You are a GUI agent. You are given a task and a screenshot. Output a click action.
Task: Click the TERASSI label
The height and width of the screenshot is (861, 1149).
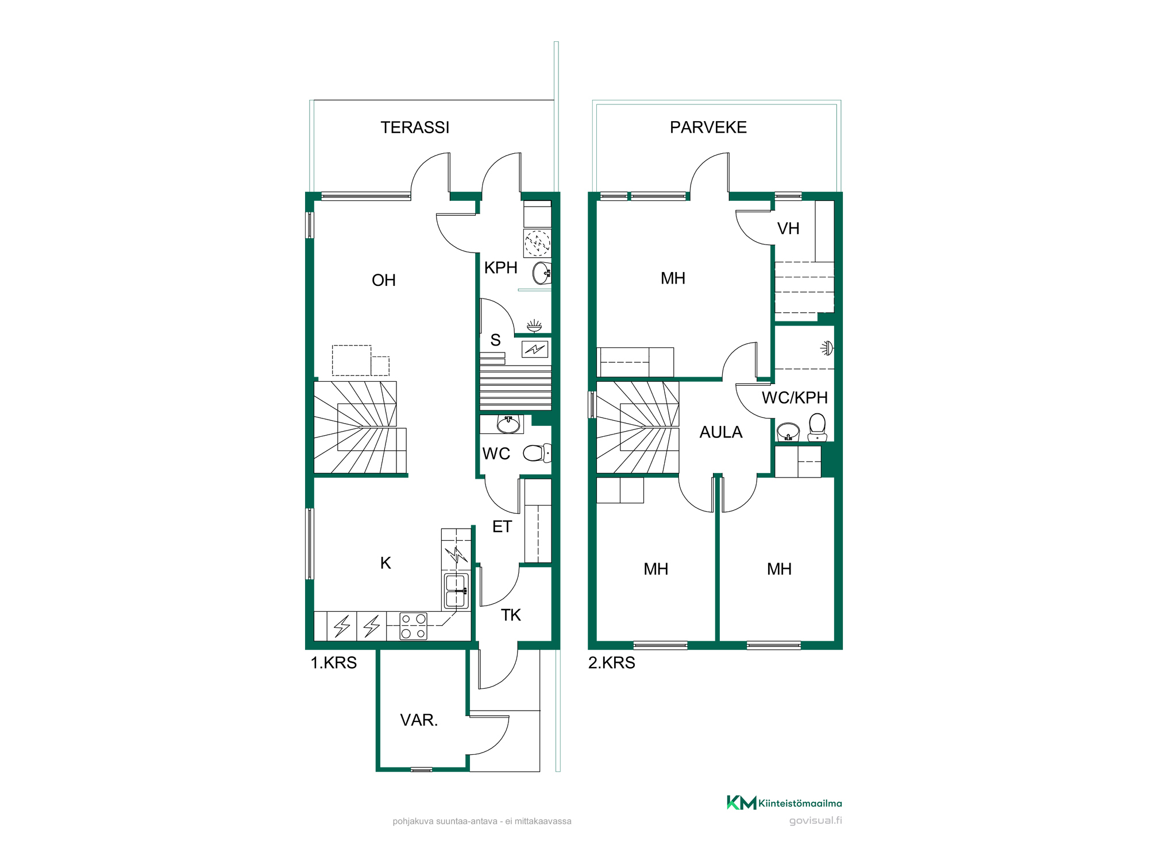[x=415, y=127]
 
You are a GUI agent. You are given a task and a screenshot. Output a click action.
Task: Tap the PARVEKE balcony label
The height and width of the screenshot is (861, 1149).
[x=708, y=127]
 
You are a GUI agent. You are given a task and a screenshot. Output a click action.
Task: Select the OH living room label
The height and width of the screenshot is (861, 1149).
[x=384, y=280]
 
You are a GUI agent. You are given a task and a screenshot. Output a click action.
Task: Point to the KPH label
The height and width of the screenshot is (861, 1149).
[x=500, y=267]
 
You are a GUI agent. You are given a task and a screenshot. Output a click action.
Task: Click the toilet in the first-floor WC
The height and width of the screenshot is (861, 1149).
[x=537, y=453]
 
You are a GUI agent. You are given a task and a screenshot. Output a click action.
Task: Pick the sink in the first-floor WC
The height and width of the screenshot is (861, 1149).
[x=508, y=425]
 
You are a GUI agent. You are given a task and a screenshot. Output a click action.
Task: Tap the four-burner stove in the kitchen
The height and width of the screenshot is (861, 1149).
[x=414, y=626]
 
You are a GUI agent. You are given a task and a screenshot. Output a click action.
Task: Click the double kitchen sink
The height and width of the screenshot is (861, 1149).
[x=456, y=591]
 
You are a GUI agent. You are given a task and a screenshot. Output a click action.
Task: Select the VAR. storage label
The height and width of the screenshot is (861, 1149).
[x=419, y=720]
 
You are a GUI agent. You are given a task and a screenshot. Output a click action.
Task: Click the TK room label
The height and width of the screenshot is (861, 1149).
[x=511, y=615]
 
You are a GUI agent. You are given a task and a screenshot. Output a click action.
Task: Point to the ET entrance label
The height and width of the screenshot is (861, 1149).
[x=502, y=526]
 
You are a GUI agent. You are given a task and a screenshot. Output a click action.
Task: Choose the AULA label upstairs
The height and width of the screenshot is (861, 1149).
[x=721, y=432]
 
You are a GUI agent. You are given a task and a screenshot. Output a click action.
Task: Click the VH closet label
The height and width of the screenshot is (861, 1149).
[x=788, y=228]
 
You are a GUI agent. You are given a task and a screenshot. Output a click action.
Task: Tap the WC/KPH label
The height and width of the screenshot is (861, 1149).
[x=795, y=397]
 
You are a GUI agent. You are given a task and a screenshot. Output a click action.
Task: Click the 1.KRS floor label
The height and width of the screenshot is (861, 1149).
[x=334, y=663]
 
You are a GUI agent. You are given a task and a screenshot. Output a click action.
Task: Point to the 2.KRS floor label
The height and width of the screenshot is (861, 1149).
[x=612, y=663]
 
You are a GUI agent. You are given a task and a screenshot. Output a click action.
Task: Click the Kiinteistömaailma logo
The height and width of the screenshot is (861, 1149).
[x=784, y=802]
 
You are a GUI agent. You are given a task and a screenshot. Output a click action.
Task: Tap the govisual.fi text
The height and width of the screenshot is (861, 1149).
[x=816, y=821]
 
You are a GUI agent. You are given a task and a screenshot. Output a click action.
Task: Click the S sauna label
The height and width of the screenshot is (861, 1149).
[x=495, y=340]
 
